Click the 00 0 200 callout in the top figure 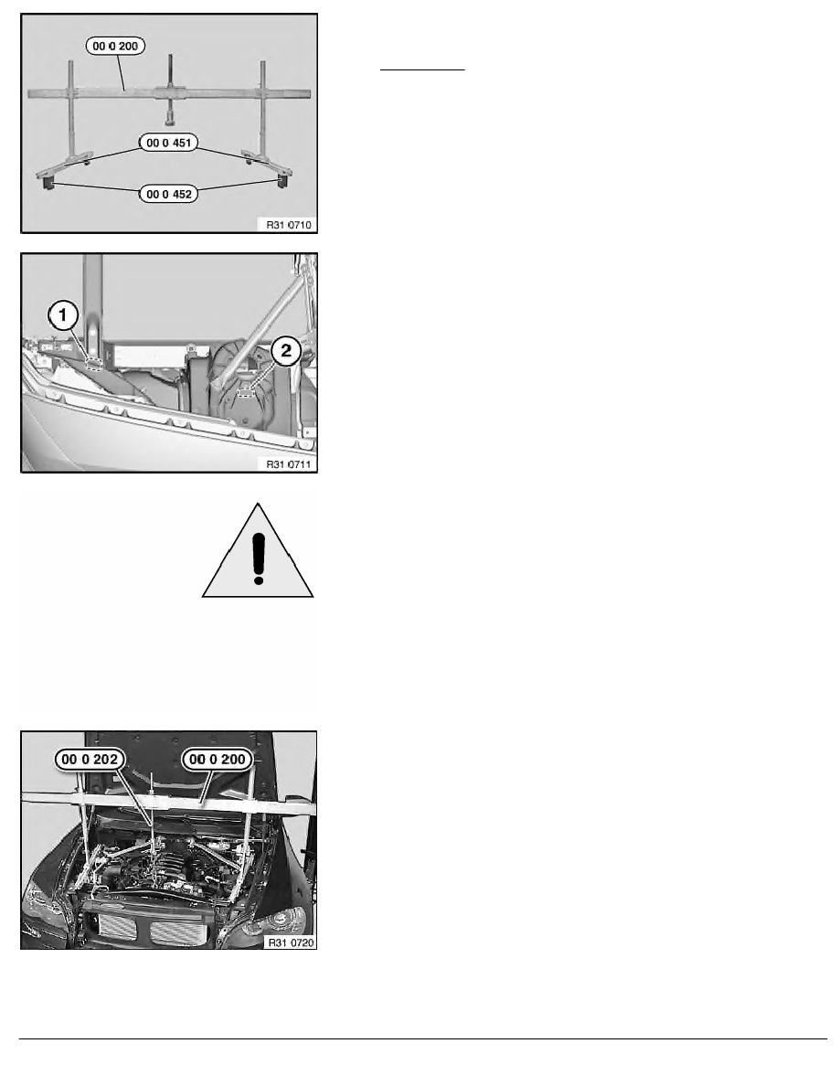[115, 47]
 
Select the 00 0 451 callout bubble [169, 143]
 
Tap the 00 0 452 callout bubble [169, 194]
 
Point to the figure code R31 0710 [289, 224]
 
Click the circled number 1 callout [63, 316]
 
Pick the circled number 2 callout [286, 351]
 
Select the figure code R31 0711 [289, 464]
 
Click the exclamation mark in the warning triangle [259, 558]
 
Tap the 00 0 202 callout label [90, 759]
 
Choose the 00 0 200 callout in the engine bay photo [218, 759]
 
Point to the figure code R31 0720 [290, 942]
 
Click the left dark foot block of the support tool [48, 183]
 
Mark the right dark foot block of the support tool [281, 182]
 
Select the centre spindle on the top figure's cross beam [170, 90]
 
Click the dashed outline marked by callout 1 [93, 363]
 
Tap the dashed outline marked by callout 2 [245, 392]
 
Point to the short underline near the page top [422, 70]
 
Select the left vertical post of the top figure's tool [70, 111]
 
